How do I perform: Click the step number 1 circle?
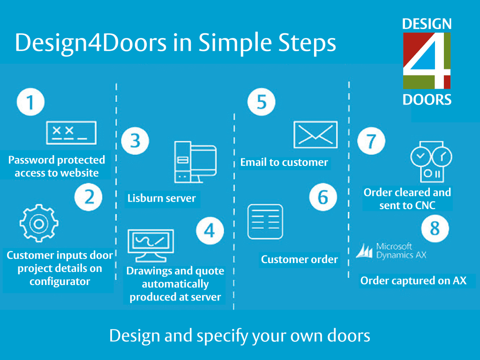click(x=30, y=102)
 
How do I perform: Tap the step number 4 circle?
click(x=210, y=231)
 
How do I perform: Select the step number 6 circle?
click(x=323, y=197)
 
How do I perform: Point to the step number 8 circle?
click(x=435, y=228)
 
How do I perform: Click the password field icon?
click(x=71, y=133)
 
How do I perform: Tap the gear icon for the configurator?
click(x=39, y=223)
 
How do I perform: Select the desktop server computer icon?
click(x=195, y=162)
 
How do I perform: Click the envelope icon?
click(x=315, y=135)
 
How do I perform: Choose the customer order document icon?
click(x=265, y=222)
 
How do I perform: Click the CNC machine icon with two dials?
click(x=431, y=162)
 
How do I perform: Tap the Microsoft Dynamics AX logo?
click(x=391, y=251)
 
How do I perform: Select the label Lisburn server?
click(x=162, y=198)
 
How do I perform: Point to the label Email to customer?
click(x=284, y=162)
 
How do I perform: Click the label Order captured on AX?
click(x=413, y=281)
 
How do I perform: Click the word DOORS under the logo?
click(x=427, y=100)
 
